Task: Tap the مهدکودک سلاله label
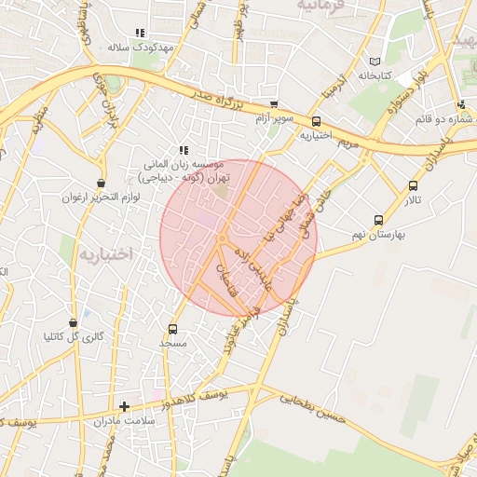point(142,47)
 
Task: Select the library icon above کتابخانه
point(375,58)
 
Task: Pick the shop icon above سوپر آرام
point(274,105)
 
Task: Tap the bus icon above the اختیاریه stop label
point(317,121)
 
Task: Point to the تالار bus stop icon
point(413,185)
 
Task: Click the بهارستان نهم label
point(377,235)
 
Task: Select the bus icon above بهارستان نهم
point(378,220)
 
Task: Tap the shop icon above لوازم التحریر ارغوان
point(101,183)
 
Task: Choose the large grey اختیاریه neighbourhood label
point(106,253)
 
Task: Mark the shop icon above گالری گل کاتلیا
point(74,322)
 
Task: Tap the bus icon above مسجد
point(172,329)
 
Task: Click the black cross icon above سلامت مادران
point(125,406)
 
